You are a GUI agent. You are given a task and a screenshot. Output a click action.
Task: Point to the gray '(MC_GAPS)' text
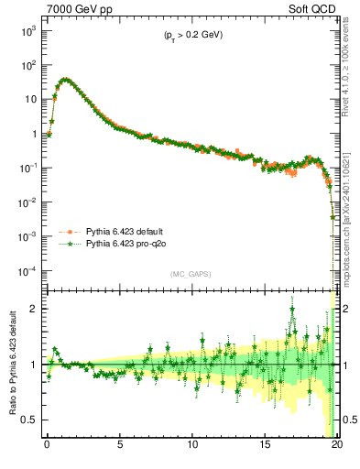[189, 273]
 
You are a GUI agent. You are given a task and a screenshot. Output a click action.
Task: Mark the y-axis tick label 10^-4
[27, 271]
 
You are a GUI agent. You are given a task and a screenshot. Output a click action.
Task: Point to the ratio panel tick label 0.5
[31, 420]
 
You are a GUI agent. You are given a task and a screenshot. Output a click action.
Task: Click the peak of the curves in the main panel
[63, 79]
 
